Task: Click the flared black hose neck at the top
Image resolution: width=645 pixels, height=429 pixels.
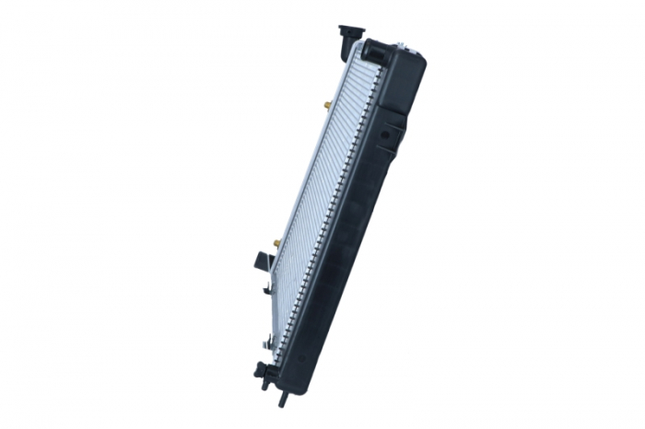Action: click(x=351, y=30)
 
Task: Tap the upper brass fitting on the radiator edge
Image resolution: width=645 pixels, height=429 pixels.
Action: click(x=327, y=105)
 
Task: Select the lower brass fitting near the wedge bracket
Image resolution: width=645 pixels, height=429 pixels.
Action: click(x=276, y=243)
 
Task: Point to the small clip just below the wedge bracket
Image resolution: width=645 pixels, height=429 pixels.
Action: click(x=266, y=288)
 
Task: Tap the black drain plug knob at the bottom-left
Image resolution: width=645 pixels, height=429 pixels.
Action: click(x=261, y=370)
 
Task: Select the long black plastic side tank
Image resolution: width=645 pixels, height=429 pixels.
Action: click(x=355, y=221)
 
